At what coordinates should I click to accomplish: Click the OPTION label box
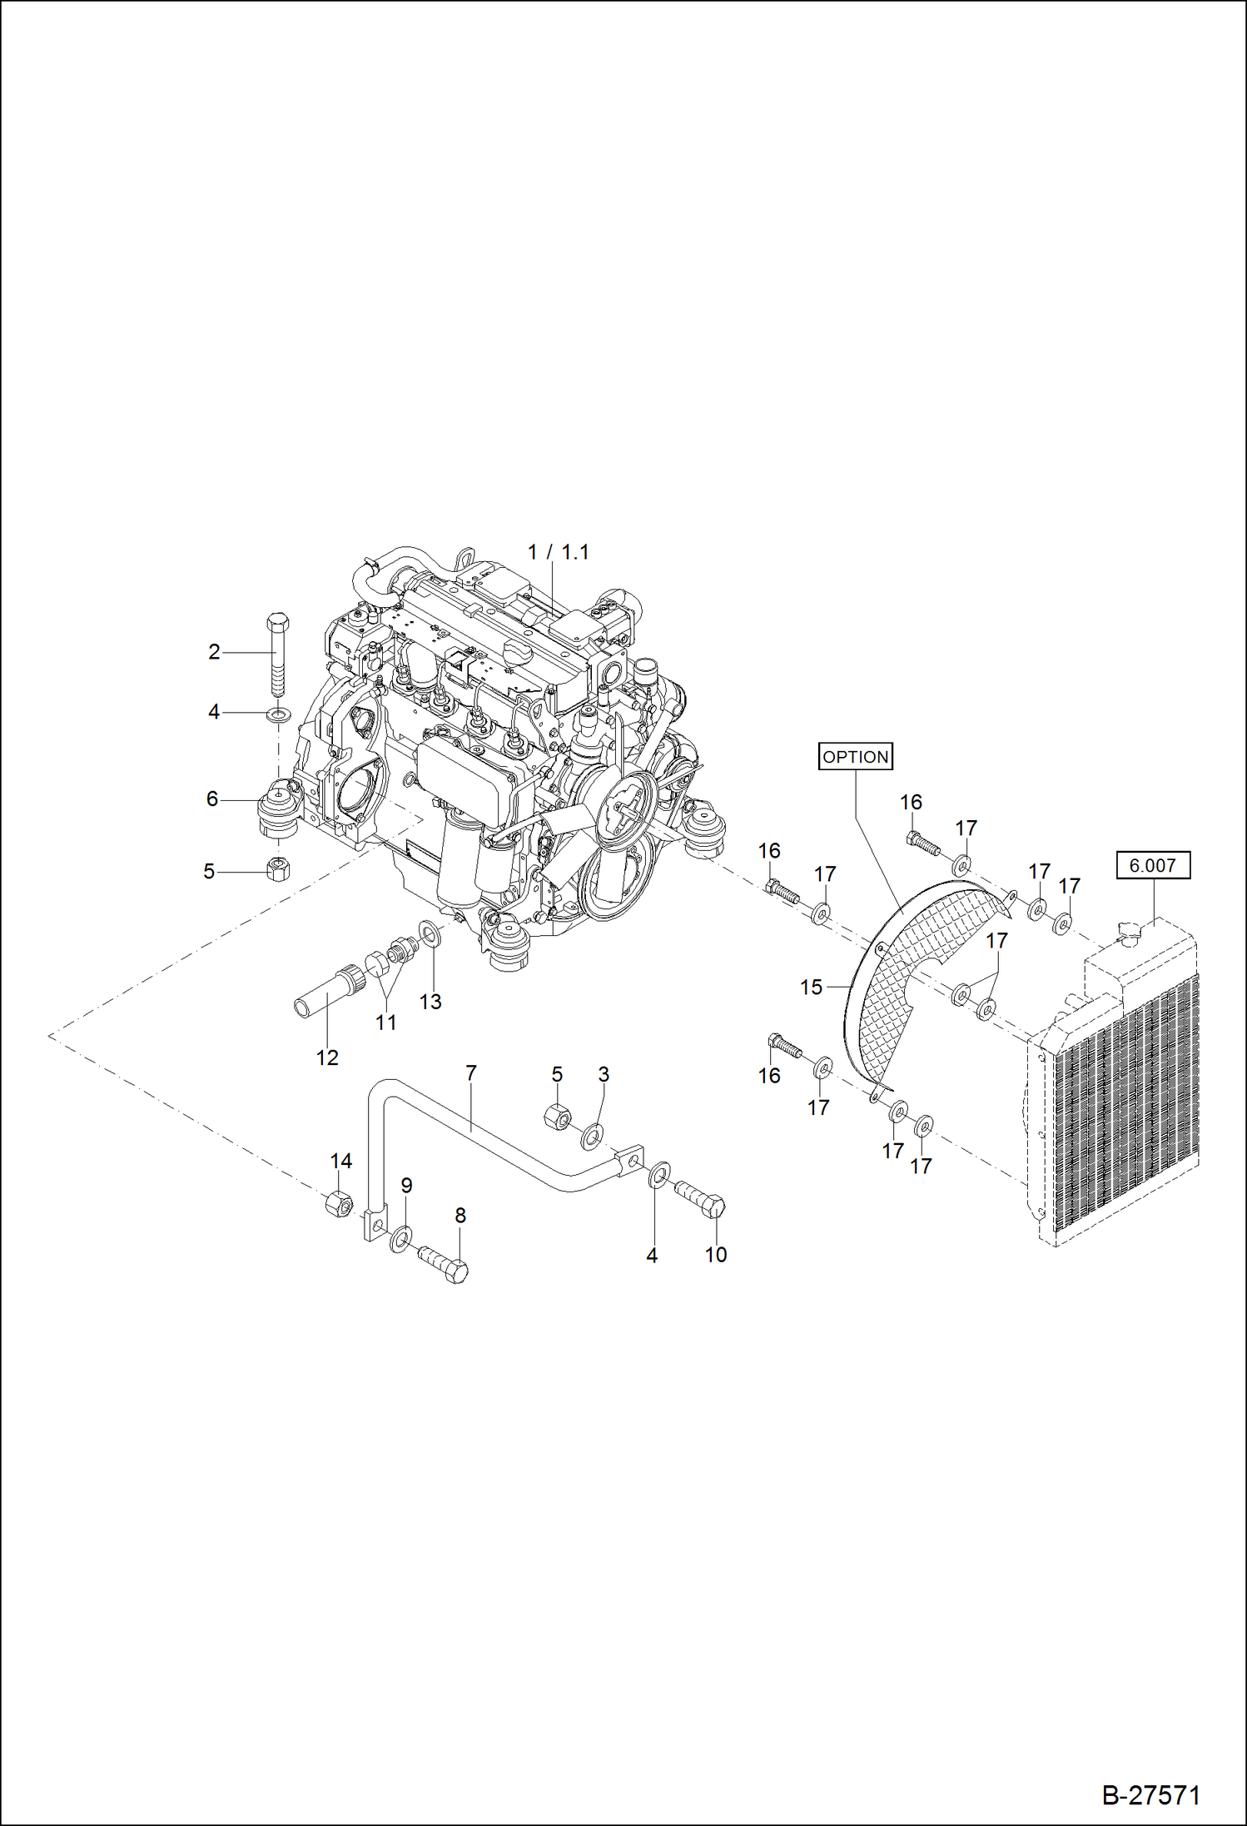(855, 756)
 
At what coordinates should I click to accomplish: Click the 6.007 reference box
(1152, 865)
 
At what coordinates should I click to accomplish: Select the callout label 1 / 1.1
(558, 552)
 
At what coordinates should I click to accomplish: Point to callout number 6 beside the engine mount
(212, 799)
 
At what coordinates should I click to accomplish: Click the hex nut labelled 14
(337, 1203)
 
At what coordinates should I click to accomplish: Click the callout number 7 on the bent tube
(471, 1074)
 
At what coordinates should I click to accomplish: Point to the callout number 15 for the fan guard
(811, 988)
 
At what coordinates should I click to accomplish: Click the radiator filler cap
(1129, 937)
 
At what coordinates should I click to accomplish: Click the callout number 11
(385, 1022)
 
